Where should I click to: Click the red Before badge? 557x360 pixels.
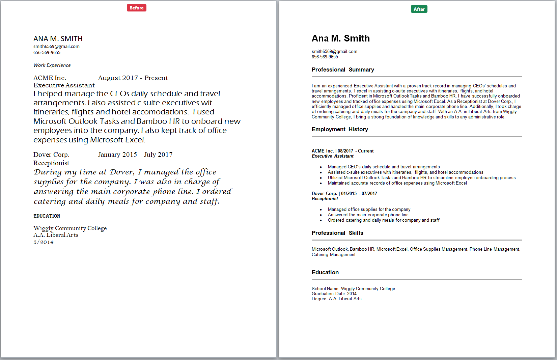[x=137, y=8]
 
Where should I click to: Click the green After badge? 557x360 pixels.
[x=419, y=9]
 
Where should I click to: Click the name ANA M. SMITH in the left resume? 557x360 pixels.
[x=58, y=39]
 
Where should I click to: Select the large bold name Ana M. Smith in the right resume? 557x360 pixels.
[x=340, y=38]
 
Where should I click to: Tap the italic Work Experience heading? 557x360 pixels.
[x=52, y=65]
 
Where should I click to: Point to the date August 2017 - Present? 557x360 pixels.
[x=133, y=78]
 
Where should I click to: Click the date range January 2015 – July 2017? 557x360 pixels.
[x=135, y=155]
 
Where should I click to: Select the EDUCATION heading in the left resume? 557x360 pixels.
[x=47, y=216]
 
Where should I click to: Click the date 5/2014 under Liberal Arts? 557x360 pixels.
[x=44, y=242]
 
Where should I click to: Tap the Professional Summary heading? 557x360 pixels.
[x=343, y=70]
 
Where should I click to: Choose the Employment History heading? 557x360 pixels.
[x=340, y=129]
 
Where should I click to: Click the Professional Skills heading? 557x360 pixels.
[x=337, y=233]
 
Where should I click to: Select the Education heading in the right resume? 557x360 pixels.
[x=325, y=272]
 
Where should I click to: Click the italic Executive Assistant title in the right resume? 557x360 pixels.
[x=333, y=156]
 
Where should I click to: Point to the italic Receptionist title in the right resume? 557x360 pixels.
[x=325, y=198]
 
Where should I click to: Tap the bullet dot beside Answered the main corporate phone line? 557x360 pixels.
[x=321, y=215]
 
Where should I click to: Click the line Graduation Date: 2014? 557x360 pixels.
[x=334, y=294]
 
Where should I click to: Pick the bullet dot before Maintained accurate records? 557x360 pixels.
[x=321, y=183]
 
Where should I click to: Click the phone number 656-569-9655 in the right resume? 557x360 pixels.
[x=325, y=57]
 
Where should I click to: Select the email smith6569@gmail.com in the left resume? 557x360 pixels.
[x=56, y=46]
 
